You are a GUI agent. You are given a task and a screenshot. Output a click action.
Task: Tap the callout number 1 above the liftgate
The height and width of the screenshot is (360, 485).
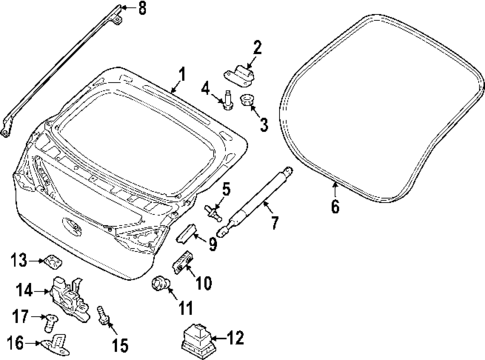[x=181, y=73]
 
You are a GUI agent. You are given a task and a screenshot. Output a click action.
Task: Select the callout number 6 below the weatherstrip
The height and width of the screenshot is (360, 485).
[x=335, y=207]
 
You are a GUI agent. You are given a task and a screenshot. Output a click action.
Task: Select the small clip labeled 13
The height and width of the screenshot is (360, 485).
[x=50, y=261]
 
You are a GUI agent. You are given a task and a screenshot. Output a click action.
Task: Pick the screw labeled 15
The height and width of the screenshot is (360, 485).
[x=104, y=318]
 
